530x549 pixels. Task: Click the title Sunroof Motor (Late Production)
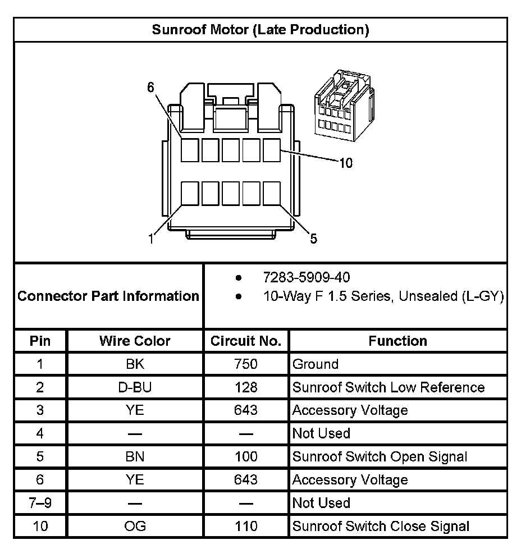click(261, 30)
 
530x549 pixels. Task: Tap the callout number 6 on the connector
click(150, 87)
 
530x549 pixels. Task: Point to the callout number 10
click(346, 163)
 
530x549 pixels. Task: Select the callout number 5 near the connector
click(313, 239)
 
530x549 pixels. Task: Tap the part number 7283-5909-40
click(308, 277)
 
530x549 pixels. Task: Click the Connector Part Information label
click(108, 296)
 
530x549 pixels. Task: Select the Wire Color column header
click(135, 341)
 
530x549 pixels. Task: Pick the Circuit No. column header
click(246, 341)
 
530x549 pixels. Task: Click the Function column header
click(397, 341)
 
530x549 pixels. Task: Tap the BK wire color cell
click(135, 364)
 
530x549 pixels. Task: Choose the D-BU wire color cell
click(135, 387)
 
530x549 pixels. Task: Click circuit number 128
click(246, 387)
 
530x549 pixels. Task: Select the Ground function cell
click(316, 364)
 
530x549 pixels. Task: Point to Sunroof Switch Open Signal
click(380, 456)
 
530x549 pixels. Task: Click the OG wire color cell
click(135, 526)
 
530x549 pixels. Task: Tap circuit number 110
click(246, 526)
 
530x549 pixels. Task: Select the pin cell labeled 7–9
click(40, 503)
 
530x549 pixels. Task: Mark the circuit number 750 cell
click(246, 364)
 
